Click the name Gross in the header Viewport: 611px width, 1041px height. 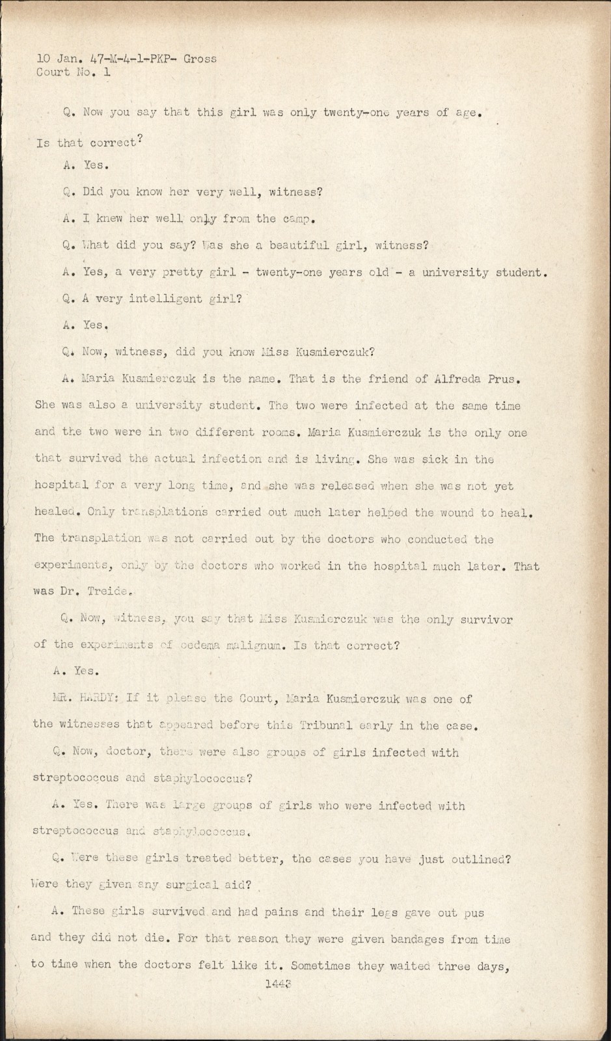click(200, 59)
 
